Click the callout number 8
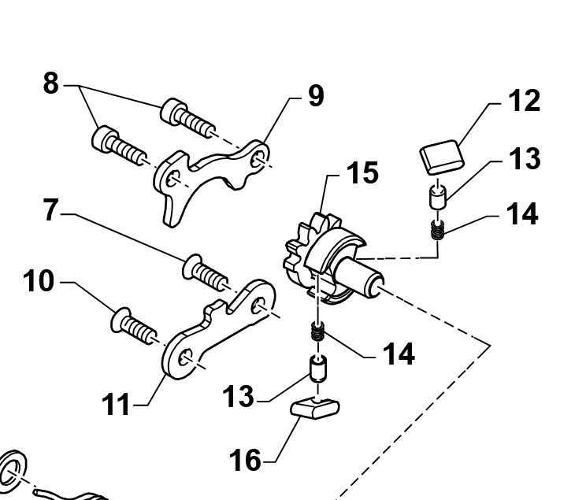point(50,83)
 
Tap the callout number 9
point(315,96)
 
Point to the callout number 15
point(362,173)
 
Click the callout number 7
point(50,212)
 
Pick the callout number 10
point(39,281)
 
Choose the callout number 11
point(117,406)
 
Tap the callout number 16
point(245,459)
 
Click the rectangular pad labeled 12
point(440,155)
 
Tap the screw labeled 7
point(205,272)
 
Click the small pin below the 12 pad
point(438,194)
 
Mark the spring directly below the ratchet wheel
point(317,334)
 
